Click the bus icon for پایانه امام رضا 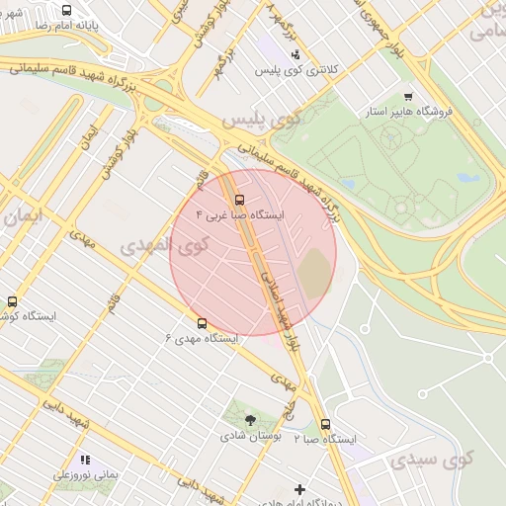point(66,12)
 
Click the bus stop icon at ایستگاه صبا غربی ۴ point(226,198)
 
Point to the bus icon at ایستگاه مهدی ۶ point(202,322)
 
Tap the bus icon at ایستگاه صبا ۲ point(325,424)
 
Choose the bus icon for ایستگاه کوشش point(13,301)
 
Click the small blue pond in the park point(467,179)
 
